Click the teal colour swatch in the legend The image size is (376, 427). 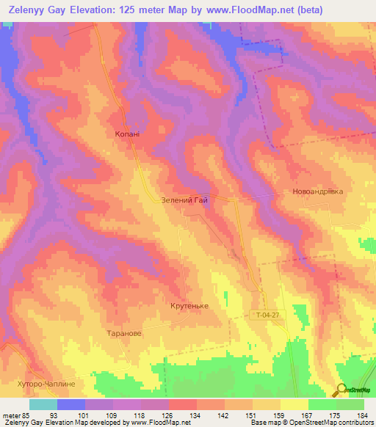(43, 404)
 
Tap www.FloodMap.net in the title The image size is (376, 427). (256, 11)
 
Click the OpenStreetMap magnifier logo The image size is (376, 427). (341, 390)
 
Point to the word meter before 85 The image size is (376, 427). (11, 415)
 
